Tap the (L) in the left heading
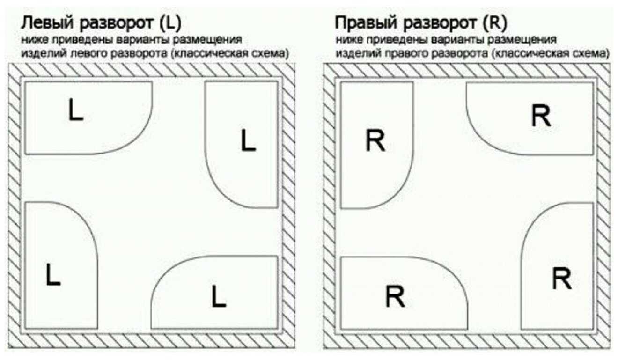click(x=171, y=22)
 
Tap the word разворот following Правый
click(x=441, y=22)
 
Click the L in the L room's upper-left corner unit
click(x=75, y=110)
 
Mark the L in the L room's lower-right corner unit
click(x=218, y=296)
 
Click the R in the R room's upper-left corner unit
click(x=375, y=140)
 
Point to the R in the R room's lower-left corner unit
click(x=395, y=296)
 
